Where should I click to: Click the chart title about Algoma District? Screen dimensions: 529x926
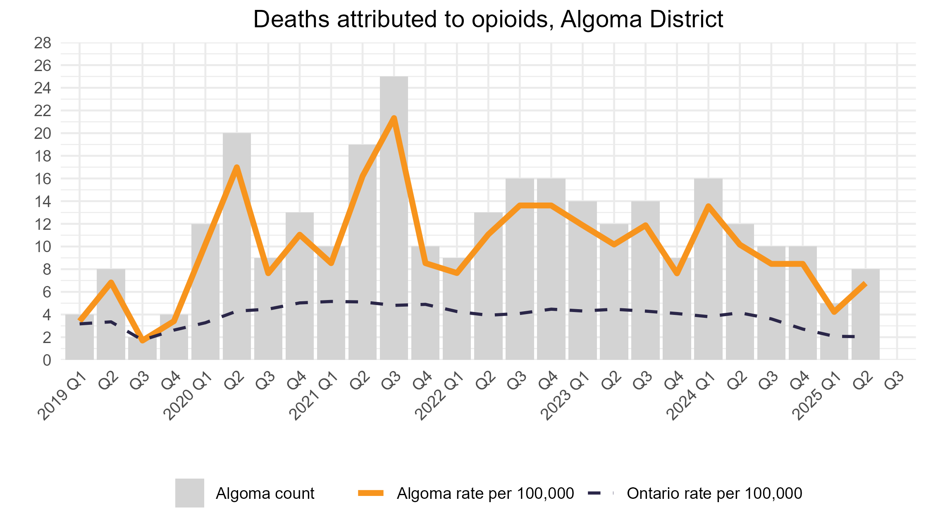click(488, 19)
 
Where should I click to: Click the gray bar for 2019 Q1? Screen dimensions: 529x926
click(79, 339)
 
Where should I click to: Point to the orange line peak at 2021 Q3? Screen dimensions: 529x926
click(394, 119)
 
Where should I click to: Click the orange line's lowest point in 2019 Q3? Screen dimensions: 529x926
click(143, 340)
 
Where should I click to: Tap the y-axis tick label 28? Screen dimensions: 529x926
click(42, 43)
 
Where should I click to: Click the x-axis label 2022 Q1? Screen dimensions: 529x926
click(440, 397)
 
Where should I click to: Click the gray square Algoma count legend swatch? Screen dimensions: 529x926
click(189, 493)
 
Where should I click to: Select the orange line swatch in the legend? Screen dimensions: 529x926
click(371, 493)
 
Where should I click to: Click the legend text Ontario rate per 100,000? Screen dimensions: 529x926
click(714, 493)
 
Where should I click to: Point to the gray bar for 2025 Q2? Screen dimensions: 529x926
click(865, 318)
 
